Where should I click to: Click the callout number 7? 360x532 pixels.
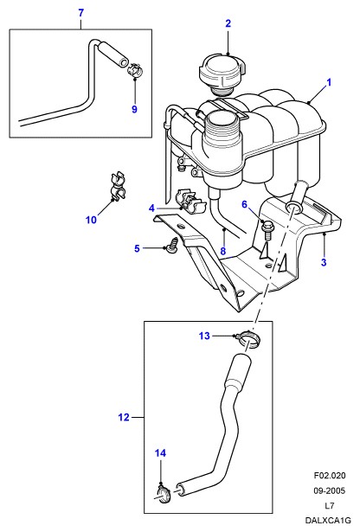(x=80, y=13)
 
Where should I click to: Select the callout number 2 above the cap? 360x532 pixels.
(x=228, y=23)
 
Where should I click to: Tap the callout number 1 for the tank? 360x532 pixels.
(x=329, y=82)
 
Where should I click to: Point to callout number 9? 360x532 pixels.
(x=134, y=109)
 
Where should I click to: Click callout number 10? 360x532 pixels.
(x=91, y=220)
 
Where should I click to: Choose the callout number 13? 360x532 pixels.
(x=204, y=336)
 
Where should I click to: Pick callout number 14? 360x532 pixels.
(x=160, y=453)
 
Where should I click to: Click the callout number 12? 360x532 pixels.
(x=124, y=417)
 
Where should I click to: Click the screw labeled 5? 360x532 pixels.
(x=174, y=245)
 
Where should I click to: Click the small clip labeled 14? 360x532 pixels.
(x=164, y=493)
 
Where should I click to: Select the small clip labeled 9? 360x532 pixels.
(x=135, y=69)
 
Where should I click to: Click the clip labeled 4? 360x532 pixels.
(x=190, y=201)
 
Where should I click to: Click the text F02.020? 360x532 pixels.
(x=329, y=476)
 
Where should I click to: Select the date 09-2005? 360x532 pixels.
(x=329, y=490)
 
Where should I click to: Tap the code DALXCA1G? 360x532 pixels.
(x=327, y=520)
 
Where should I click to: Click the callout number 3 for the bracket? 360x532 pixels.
(x=324, y=262)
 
